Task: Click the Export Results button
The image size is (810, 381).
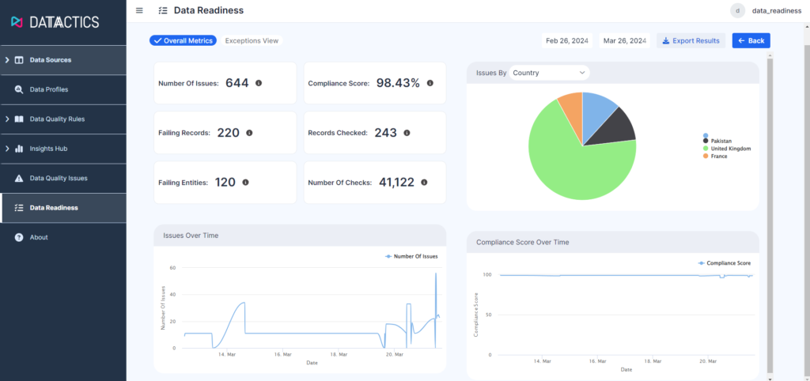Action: click(691, 40)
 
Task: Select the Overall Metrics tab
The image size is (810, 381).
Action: click(183, 40)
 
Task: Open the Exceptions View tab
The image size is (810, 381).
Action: click(251, 40)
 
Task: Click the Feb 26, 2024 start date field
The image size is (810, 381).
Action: click(567, 40)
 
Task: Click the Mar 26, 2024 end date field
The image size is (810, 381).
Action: click(625, 40)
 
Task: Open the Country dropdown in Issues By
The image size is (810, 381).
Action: click(549, 73)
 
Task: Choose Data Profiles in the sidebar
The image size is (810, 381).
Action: click(49, 89)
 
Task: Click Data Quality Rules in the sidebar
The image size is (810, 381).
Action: click(57, 119)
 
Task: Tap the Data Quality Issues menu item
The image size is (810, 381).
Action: click(59, 178)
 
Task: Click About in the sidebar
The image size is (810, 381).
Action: click(39, 237)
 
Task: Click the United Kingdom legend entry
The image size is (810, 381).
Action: click(729, 149)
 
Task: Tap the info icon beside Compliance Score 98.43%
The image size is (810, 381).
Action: click(430, 82)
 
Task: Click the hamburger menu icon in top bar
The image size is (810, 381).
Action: click(139, 10)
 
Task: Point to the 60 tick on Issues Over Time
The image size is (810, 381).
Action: click(173, 268)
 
